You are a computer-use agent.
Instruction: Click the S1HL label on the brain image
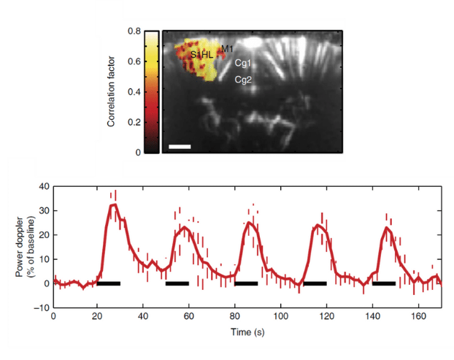coord(202,55)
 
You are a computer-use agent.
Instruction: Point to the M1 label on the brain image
coord(227,49)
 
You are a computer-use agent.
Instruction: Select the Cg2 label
coord(243,80)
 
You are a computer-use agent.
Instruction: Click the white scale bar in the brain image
coord(179,146)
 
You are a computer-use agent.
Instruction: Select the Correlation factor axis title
coord(112,92)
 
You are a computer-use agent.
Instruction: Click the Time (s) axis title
coord(247,332)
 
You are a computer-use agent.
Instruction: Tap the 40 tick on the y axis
coord(43,187)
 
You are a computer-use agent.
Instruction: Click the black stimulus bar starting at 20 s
coord(109,283)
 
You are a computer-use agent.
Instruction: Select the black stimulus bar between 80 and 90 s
coord(246,283)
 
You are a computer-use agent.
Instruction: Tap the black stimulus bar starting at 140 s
coord(384,283)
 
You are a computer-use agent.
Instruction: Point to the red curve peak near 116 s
coord(318,225)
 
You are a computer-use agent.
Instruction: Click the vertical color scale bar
coord(151,92)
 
